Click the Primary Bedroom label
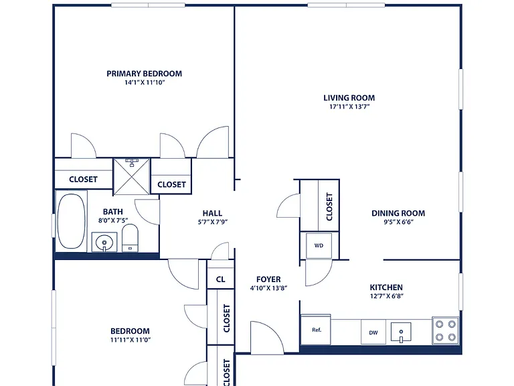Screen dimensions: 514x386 click(145, 74)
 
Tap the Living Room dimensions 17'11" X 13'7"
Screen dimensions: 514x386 click(349, 107)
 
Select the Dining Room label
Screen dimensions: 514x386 click(398, 213)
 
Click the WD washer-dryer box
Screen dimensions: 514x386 click(319, 245)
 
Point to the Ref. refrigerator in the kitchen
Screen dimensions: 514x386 click(316, 330)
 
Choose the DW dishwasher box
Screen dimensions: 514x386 click(373, 332)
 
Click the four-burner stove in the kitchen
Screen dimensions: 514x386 click(446, 330)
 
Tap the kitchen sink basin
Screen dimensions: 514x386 click(401, 332)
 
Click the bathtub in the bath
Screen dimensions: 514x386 click(72, 221)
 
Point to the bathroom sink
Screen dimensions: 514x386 click(104, 243)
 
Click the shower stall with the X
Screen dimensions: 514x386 click(131, 177)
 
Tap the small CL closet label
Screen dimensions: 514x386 click(221, 279)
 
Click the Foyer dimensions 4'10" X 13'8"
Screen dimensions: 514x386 click(268, 288)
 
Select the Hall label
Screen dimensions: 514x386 click(212, 213)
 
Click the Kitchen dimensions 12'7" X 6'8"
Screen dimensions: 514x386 click(386, 296)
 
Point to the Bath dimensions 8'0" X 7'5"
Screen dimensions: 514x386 click(113, 220)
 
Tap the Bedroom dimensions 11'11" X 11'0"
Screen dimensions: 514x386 click(130, 340)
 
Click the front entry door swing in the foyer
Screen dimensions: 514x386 click(267, 338)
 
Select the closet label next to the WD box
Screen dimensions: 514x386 click(329, 206)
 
